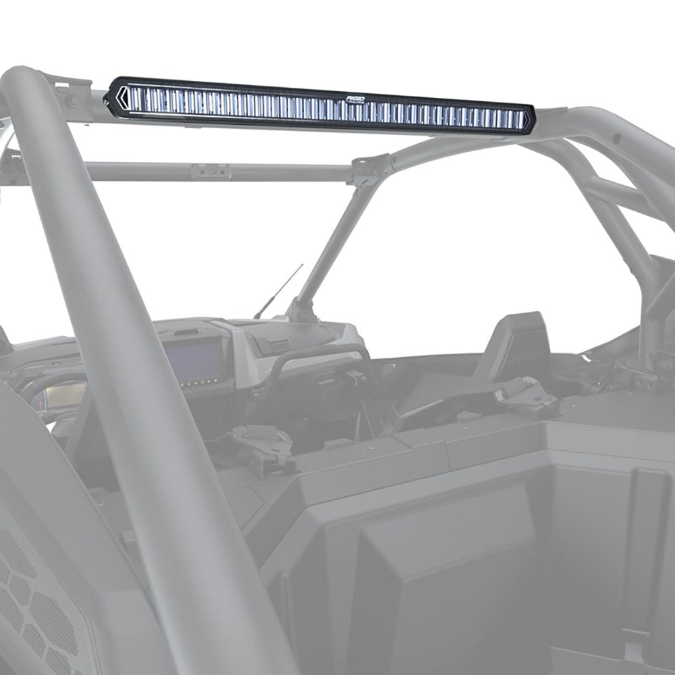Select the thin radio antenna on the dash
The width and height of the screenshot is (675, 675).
tap(277, 292)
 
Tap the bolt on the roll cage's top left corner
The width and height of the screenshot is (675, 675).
tap(73, 101)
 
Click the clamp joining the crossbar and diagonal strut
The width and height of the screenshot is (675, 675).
tap(371, 169)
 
